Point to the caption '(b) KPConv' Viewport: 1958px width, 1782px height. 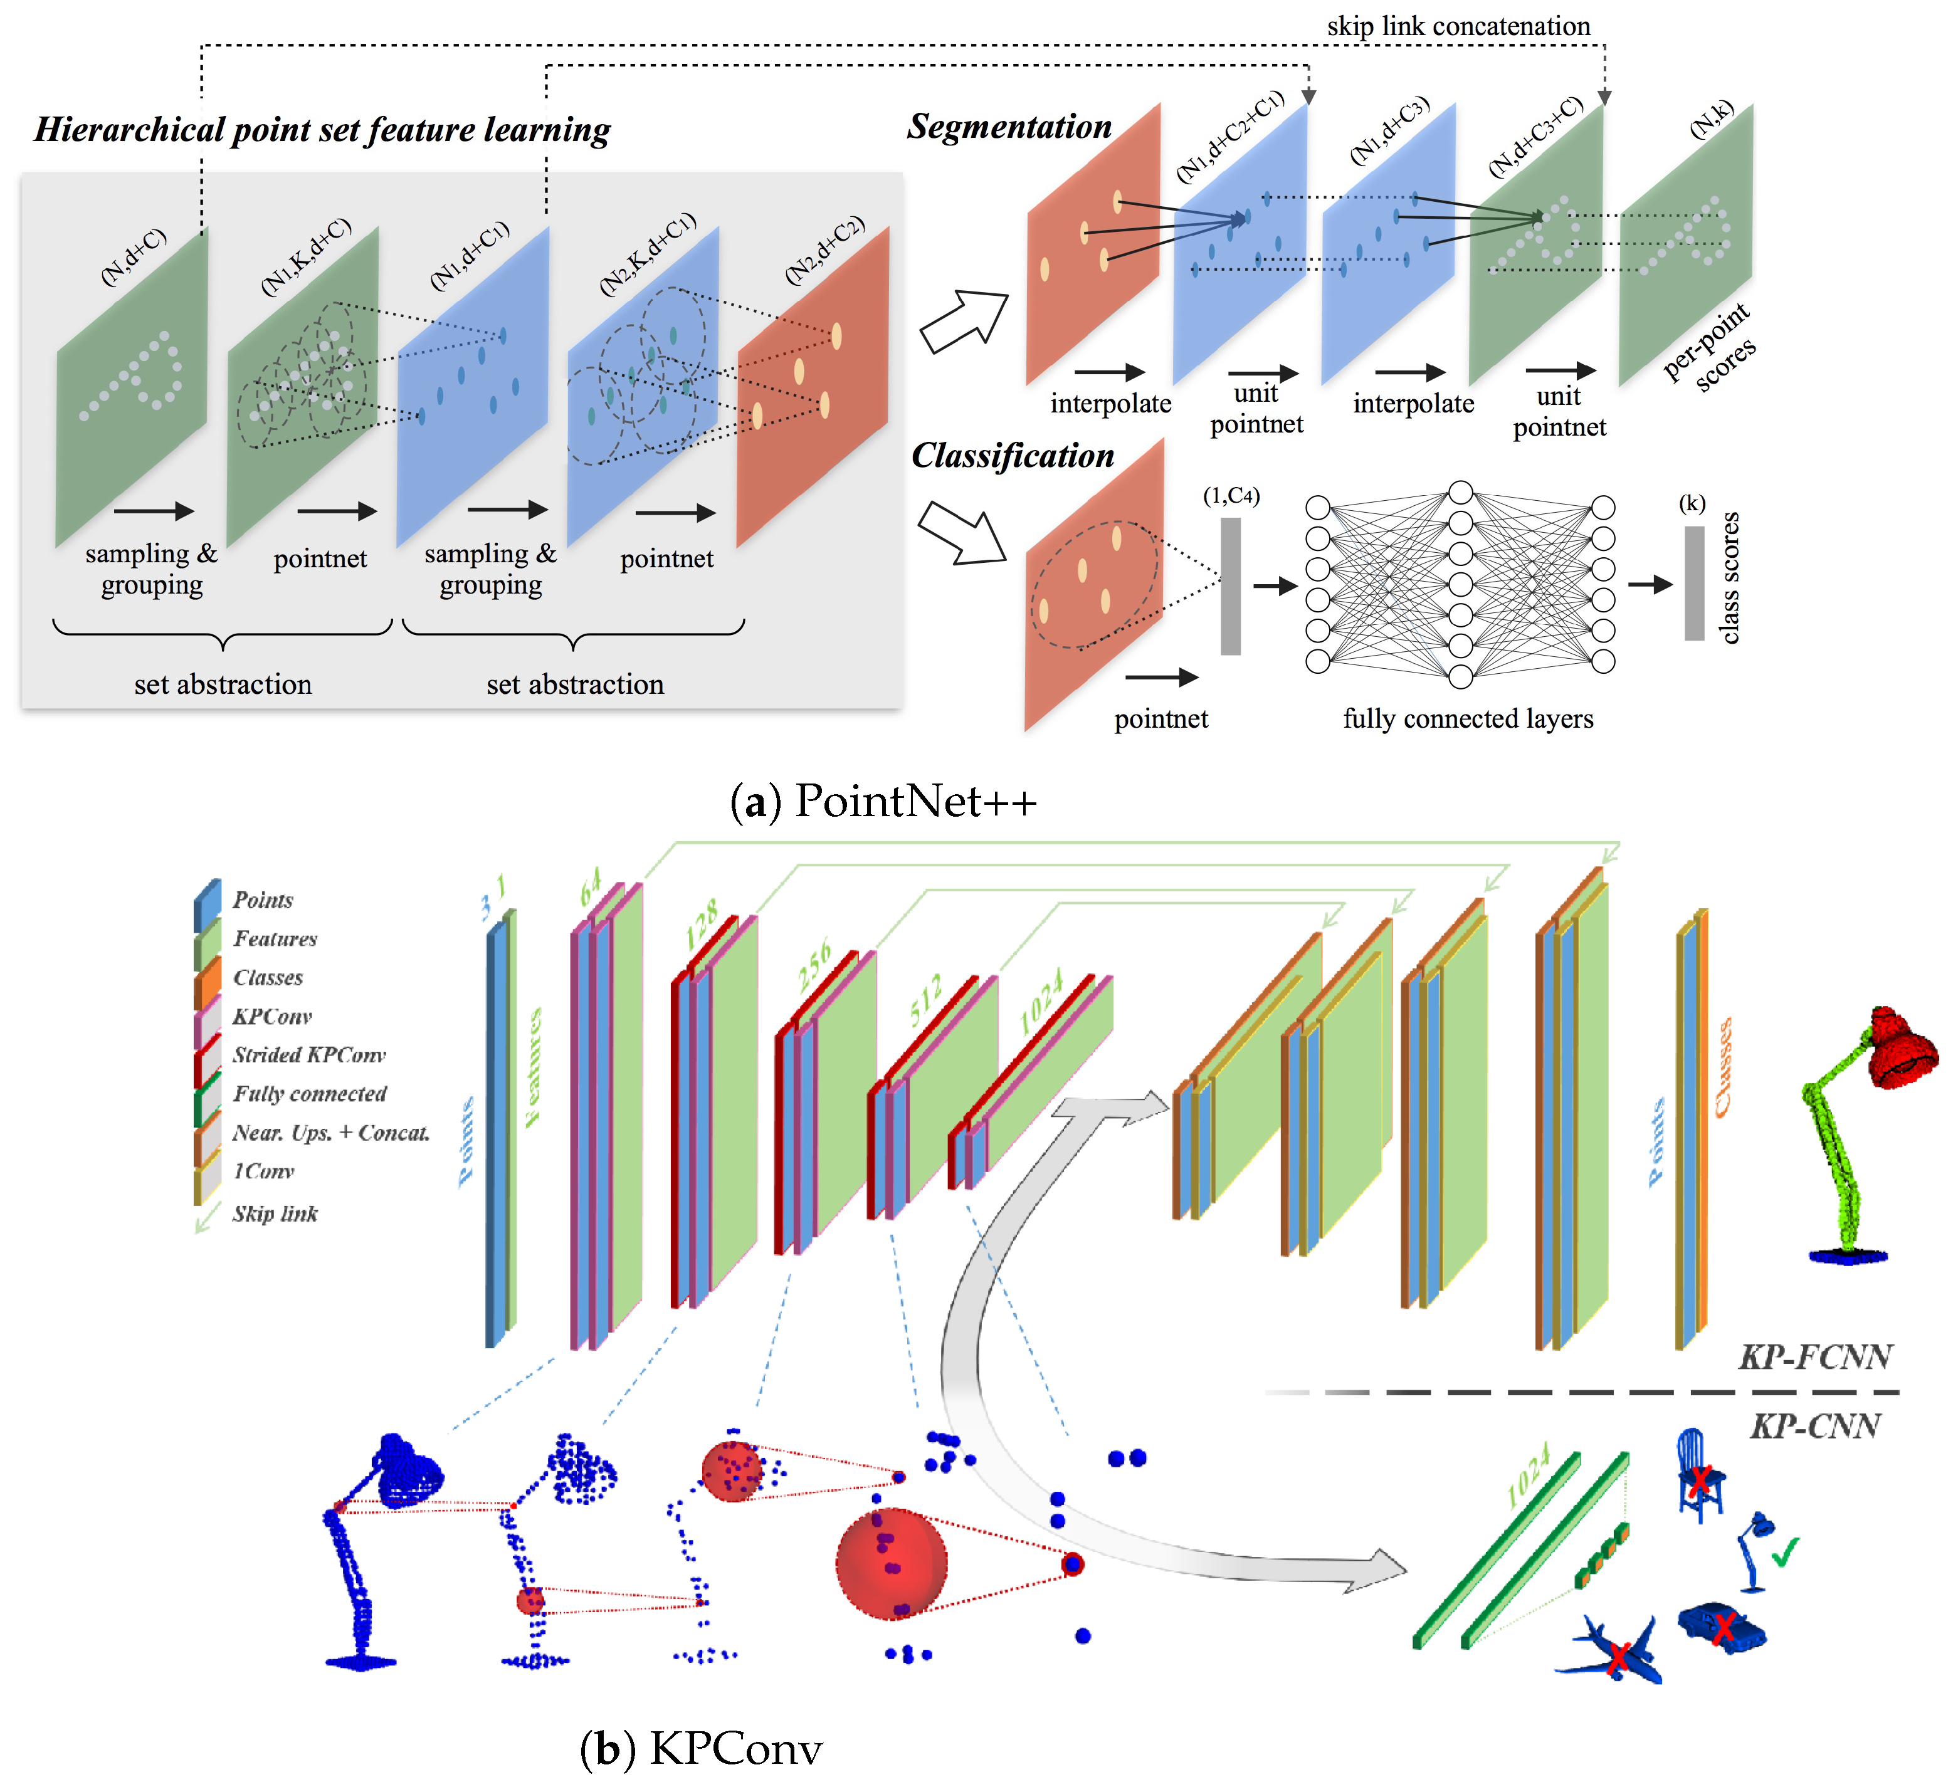point(700,1749)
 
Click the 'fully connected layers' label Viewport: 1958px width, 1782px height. point(1468,718)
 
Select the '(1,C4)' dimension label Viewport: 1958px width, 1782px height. point(1231,496)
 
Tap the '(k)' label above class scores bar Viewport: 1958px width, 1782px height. point(1692,503)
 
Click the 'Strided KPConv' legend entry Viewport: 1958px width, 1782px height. point(309,1056)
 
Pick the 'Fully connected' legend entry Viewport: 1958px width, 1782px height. point(309,1094)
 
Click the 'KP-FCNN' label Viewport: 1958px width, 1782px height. point(1814,1356)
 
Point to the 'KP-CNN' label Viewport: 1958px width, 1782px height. point(1814,1425)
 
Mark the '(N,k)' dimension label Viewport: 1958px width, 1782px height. point(1712,120)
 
